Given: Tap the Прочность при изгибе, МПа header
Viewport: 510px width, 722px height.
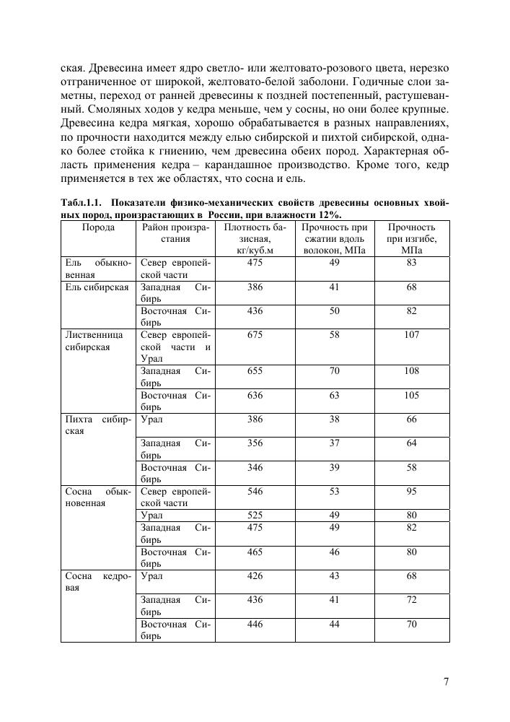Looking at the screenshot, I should (411, 239).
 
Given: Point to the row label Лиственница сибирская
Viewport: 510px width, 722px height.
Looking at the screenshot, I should (94, 341).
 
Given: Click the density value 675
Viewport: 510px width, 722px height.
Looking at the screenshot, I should (255, 335).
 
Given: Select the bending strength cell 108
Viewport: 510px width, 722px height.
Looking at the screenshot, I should (411, 371).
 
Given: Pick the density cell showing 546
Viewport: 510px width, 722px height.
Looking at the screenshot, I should (255, 491).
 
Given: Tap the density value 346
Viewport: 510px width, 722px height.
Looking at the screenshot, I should (255, 468).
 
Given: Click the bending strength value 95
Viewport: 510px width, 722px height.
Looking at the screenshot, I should (411, 491).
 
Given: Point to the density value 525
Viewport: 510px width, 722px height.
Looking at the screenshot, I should (255, 516).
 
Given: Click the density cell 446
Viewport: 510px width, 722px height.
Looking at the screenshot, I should (255, 624).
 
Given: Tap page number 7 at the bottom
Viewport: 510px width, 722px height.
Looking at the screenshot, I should (446, 682).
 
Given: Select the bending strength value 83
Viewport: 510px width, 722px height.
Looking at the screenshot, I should (411, 263).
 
